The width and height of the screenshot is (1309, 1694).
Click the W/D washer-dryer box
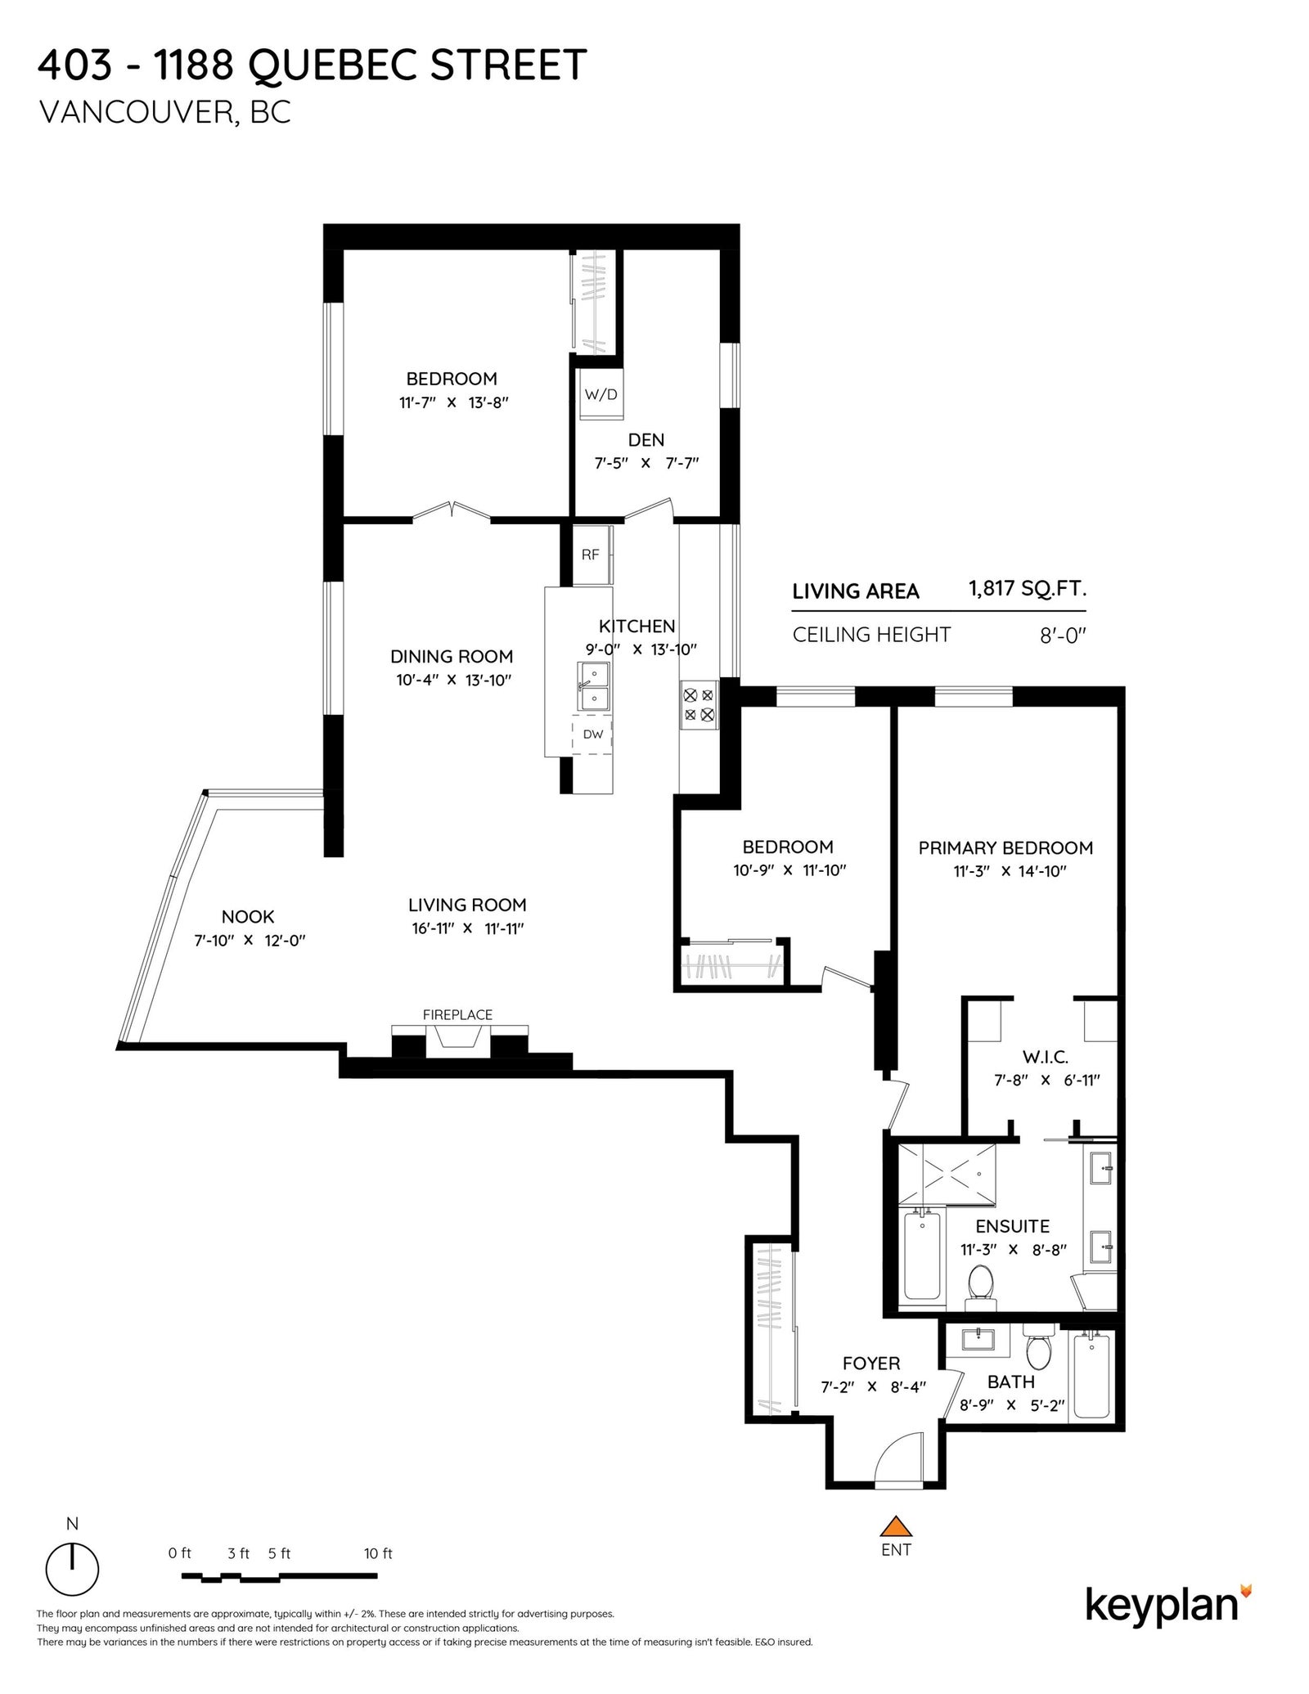click(x=601, y=393)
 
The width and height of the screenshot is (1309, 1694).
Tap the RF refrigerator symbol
click(x=592, y=555)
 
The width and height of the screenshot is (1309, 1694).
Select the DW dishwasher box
click(x=592, y=734)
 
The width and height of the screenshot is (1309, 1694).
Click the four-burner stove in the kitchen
click(x=699, y=705)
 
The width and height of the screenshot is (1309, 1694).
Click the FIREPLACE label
click(x=457, y=1015)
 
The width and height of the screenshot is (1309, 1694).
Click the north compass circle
click(x=72, y=1588)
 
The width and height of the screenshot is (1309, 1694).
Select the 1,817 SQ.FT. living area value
click(x=1028, y=589)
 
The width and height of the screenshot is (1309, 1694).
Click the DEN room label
click(x=646, y=440)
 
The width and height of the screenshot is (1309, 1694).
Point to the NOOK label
click(x=248, y=917)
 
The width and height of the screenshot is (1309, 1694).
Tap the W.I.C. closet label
click(x=1046, y=1058)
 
